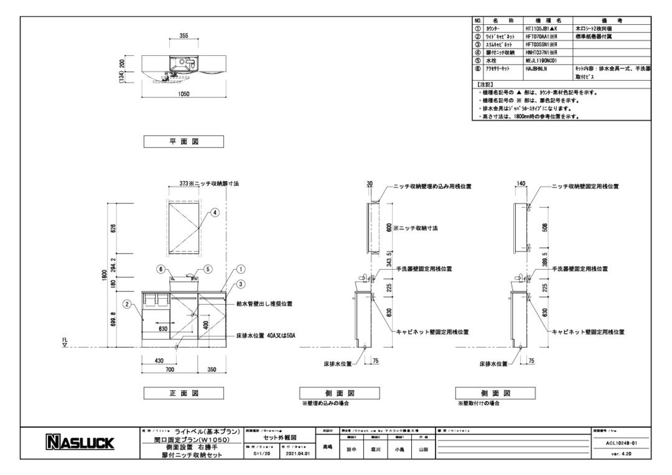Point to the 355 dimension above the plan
coord(184,36)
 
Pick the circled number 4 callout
coord(215,212)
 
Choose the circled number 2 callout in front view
coord(126,304)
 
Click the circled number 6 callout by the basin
coord(159,269)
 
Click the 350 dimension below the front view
coord(211,369)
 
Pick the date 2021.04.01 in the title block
coord(297,454)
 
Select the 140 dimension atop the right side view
coord(521,184)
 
